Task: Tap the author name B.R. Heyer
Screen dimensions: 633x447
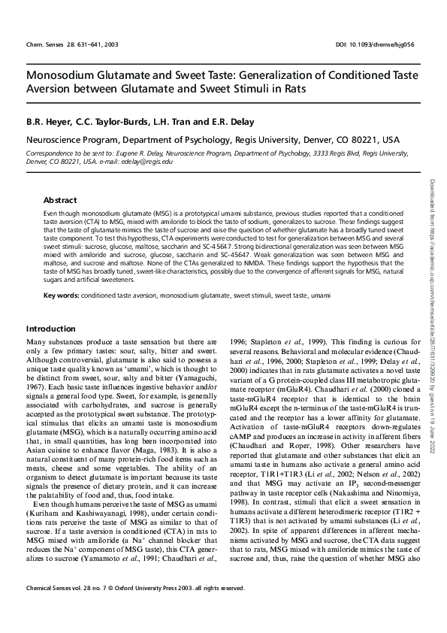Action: [45, 120]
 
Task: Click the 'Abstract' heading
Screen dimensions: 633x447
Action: [60, 201]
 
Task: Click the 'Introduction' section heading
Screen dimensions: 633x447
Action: [51, 329]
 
